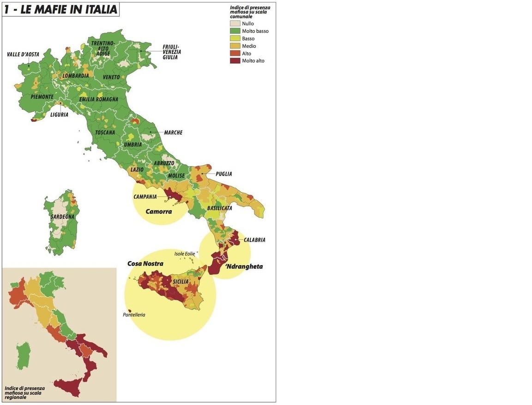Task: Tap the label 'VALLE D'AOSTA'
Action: click(23, 54)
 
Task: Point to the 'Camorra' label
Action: click(158, 212)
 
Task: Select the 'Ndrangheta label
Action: click(243, 267)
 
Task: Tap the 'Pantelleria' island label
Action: click(134, 315)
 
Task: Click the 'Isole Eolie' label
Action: click(185, 254)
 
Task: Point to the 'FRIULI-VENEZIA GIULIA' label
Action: click(171, 52)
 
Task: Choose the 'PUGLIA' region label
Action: click(223, 174)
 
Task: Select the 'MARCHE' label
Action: click(173, 133)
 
